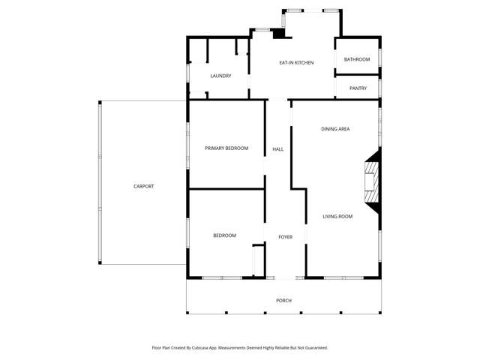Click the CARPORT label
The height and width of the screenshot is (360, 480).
pos(143,186)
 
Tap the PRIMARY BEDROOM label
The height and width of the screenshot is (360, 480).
pos(226,148)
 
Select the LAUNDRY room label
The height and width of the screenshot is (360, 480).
pos(220,76)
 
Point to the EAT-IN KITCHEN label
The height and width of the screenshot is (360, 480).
pos(296,62)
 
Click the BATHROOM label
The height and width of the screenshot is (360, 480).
pos(357,59)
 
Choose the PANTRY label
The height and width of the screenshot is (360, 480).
pos(358,88)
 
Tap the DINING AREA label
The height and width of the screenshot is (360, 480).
pos(335,129)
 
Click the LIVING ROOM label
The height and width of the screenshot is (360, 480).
pos(337,217)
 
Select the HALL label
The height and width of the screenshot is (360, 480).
pos(277,149)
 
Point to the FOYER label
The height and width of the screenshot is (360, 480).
pos(285,237)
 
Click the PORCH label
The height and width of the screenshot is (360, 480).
pos(283,301)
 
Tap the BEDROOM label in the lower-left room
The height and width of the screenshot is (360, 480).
pos(224,235)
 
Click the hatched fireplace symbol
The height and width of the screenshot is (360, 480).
pos(370,180)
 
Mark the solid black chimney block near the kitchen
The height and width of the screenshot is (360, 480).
pos(278,34)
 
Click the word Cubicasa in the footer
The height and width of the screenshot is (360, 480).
pos(199,348)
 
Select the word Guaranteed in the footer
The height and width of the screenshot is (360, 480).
pos(313,348)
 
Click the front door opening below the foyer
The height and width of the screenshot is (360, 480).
pos(285,278)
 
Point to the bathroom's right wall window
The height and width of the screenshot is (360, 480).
pos(379,58)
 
